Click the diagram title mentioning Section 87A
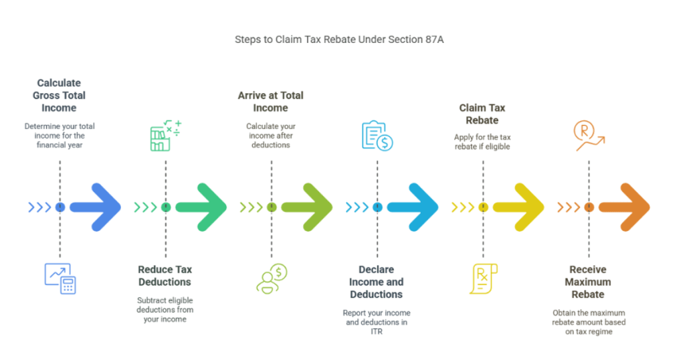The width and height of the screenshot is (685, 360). [x=338, y=39]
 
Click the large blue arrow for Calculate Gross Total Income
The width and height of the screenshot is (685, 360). [x=96, y=207]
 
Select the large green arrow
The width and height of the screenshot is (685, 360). [x=201, y=207]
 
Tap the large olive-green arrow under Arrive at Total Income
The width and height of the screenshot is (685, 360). [x=307, y=207]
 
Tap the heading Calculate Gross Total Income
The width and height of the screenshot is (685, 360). [x=60, y=95]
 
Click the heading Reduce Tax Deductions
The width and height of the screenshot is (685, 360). [x=165, y=276]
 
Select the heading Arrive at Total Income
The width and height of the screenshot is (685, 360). [x=270, y=102]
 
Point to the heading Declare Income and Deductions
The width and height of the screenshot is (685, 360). [x=377, y=282]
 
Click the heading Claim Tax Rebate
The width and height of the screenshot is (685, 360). [x=482, y=114]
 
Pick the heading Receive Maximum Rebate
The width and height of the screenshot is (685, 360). [x=588, y=282]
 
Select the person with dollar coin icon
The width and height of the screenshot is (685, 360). [x=272, y=278]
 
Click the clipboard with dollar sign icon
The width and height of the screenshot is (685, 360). [x=377, y=136]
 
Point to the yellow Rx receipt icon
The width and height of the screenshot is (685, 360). [x=483, y=278]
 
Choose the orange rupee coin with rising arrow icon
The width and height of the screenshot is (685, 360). [x=589, y=136]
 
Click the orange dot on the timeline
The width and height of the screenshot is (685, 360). [x=589, y=207]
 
